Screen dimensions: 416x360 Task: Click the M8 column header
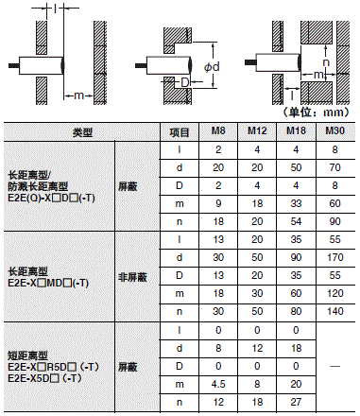click(x=218, y=133)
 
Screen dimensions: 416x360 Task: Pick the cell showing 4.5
click(x=218, y=383)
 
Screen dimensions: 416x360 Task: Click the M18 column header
click(x=296, y=133)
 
